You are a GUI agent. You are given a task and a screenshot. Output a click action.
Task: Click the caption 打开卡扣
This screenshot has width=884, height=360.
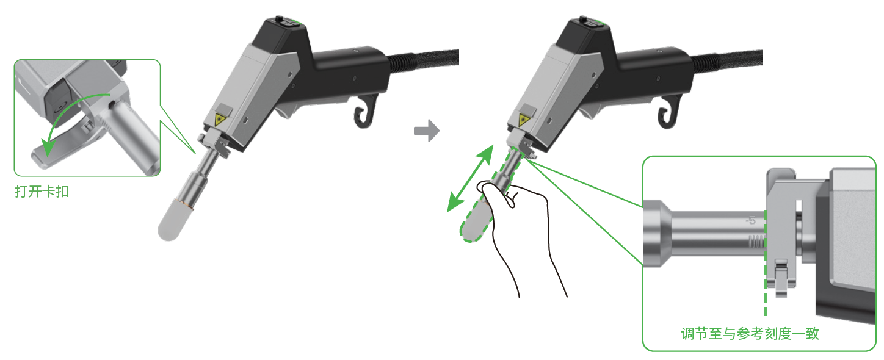point(42,192)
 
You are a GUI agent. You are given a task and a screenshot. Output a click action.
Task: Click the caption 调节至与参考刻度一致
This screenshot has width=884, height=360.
point(750,334)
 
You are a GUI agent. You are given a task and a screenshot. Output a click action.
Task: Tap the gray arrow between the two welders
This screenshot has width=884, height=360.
point(427,131)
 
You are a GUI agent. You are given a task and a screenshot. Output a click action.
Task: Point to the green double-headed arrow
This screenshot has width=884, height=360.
point(470,178)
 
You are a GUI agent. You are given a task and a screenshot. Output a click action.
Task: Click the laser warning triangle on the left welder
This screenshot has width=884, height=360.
point(220,120)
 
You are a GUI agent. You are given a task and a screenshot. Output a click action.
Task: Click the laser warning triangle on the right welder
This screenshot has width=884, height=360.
point(524,120)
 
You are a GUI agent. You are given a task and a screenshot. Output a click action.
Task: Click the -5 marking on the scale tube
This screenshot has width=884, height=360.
point(750,220)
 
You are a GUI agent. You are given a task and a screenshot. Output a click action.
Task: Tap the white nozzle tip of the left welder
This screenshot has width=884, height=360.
point(173,220)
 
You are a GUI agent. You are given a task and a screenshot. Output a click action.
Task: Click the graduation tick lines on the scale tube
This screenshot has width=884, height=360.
point(756,241)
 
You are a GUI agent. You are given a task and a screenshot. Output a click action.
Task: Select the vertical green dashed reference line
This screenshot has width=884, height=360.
point(766,262)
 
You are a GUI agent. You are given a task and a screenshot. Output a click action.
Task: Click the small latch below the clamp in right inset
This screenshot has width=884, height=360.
point(781,278)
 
